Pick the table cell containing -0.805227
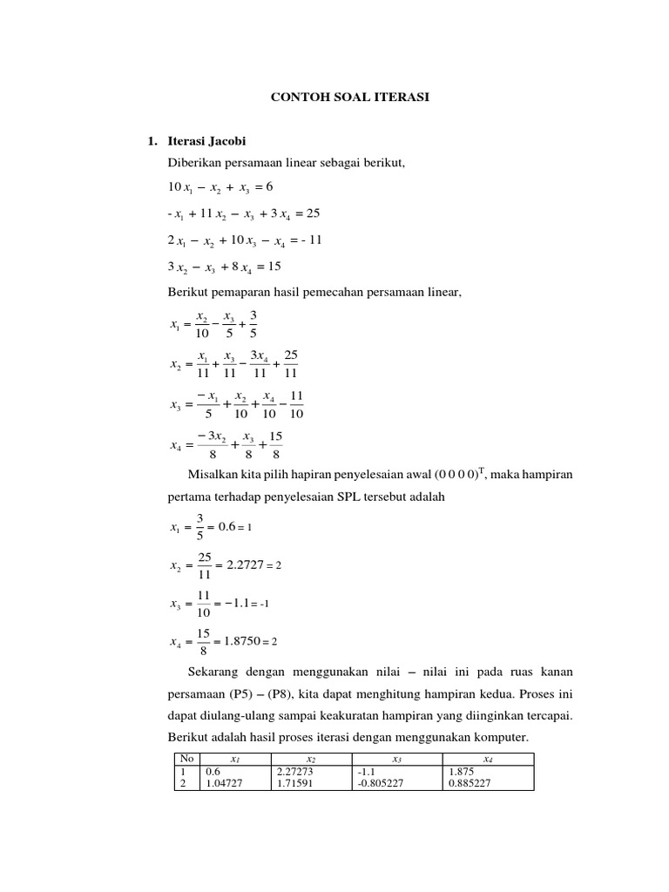(381, 783)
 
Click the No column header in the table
(185, 759)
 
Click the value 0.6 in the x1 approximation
(227, 527)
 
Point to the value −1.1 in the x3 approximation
(240, 603)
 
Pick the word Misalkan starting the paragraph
(213, 474)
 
